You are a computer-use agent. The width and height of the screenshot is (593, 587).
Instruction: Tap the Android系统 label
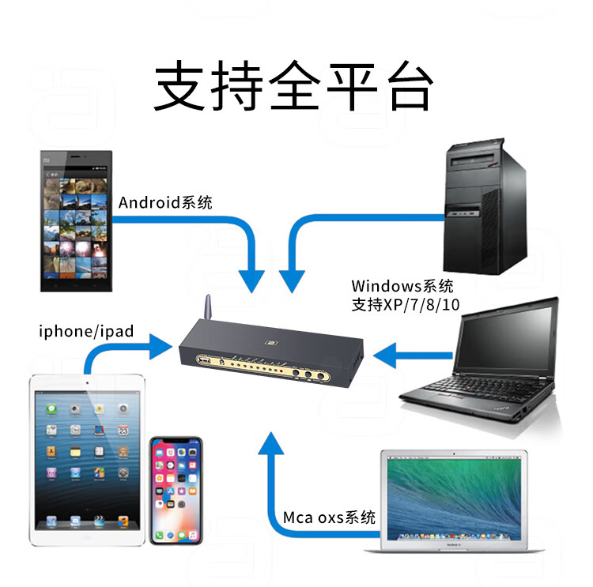(x=165, y=203)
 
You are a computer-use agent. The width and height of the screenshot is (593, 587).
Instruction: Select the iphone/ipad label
(x=86, y=330)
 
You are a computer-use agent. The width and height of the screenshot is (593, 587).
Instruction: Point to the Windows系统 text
(x=402, y=286)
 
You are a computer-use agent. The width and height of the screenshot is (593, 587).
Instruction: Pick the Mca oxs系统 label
(x=330, y=518)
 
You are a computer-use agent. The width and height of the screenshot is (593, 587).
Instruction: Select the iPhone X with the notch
(x=176, y=489)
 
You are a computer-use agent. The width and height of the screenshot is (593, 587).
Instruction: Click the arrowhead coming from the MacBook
(x=271, y=444)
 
